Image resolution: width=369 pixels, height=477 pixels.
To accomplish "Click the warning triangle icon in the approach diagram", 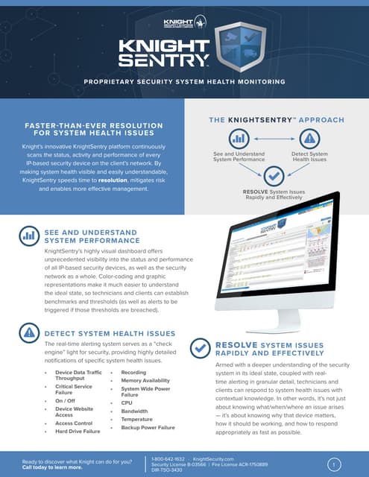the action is (x=309, y=139).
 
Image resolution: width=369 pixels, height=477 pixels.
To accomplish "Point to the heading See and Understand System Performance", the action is (x=92, y=237).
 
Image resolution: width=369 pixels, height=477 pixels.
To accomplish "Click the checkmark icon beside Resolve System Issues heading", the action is (x=201, y=348).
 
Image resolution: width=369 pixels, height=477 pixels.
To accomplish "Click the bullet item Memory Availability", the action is (x=146, y=380).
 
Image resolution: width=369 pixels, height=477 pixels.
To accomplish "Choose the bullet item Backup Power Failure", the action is (x=148, y=428).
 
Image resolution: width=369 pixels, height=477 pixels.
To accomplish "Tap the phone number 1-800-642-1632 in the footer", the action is (x=168, y=459).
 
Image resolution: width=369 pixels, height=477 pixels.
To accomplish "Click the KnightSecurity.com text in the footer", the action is (x=213, y=459).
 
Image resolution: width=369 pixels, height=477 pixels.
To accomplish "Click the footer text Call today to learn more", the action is (x=52, y=467).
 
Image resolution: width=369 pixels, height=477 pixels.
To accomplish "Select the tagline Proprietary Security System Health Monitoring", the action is (x=184, y=80).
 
